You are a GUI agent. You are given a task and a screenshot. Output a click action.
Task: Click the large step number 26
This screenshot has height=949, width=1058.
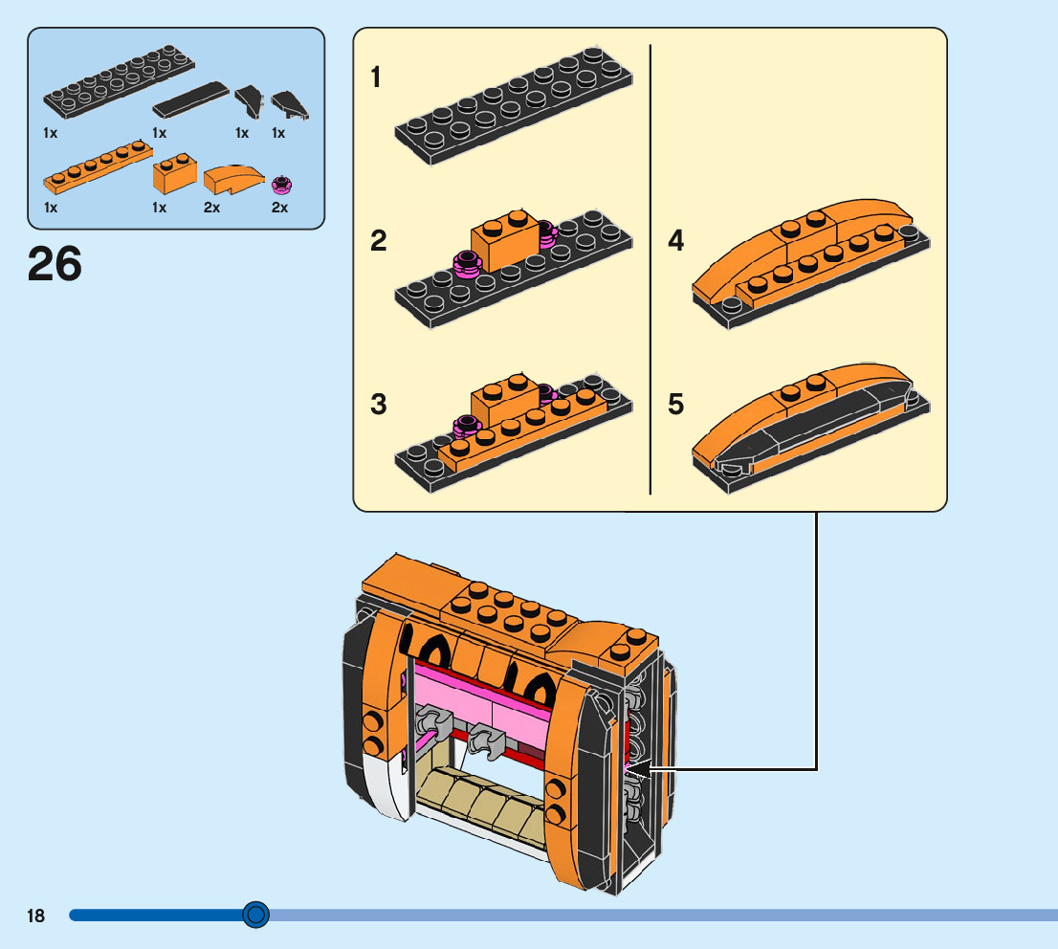[x=55, y=264]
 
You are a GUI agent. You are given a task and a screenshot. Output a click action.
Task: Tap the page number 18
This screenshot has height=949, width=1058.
[x=35, y=916]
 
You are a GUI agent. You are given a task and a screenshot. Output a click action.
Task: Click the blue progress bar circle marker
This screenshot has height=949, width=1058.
[x=255, y=915]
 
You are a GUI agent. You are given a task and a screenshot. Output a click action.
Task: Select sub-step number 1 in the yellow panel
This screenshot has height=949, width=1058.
[x=376, y=77]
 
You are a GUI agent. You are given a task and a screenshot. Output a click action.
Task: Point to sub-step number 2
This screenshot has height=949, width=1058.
[x=379, y=241]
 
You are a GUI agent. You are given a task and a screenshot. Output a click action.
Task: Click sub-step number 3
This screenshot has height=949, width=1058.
[x=379, y=405]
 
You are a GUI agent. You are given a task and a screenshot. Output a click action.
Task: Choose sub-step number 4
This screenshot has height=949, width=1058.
[x=676, y=241]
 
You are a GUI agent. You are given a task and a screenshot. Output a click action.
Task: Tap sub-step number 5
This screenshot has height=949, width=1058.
[x=676, y=405]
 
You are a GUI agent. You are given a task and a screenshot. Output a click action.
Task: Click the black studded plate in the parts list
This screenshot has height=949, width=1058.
[x=119, y=81]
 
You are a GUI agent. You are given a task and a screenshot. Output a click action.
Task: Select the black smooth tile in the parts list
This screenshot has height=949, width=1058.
[x=191, y=99]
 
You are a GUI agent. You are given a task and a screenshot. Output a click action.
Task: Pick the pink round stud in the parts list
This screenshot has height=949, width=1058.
[x=282, y=185]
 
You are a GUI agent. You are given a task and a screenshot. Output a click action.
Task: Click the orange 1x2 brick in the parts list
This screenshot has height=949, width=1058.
[x=175, y=173]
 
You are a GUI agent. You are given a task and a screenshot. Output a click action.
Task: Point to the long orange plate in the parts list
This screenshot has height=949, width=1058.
[x=98, y=166]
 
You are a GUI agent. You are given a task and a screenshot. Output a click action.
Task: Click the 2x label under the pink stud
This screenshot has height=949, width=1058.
[x=280, y=208]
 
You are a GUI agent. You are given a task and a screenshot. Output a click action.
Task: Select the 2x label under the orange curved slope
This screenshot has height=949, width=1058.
[x=211, y=208]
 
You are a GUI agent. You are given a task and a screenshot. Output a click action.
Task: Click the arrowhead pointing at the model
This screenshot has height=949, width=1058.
[x=639, y=769]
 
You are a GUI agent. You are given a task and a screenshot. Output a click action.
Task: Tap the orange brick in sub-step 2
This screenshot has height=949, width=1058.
[x=505, y=239]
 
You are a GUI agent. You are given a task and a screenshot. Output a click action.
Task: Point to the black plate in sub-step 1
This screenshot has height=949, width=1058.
[x=514, y=105]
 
